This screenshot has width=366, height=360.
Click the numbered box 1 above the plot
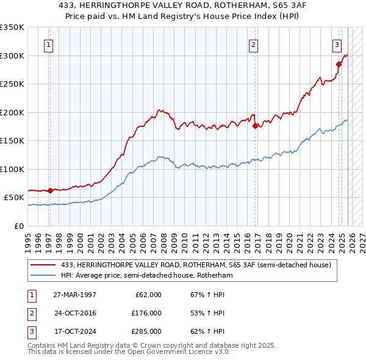(48, 44)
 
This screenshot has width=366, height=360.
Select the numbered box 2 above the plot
(253, 44)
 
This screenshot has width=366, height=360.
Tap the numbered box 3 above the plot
(337, 44)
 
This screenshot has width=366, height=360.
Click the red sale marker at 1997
(50, 190)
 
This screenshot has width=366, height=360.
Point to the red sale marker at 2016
(256, 126)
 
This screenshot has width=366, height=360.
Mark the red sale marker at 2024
(339, 63)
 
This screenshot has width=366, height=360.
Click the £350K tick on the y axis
(12, 27)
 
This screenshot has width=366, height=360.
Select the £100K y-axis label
(12, 169)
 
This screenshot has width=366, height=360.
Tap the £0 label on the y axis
(18, 226)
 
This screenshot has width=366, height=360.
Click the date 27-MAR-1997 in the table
(74, 295)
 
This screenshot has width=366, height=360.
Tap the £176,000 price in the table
(146, 313)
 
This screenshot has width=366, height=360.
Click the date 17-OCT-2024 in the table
(74, 331)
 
